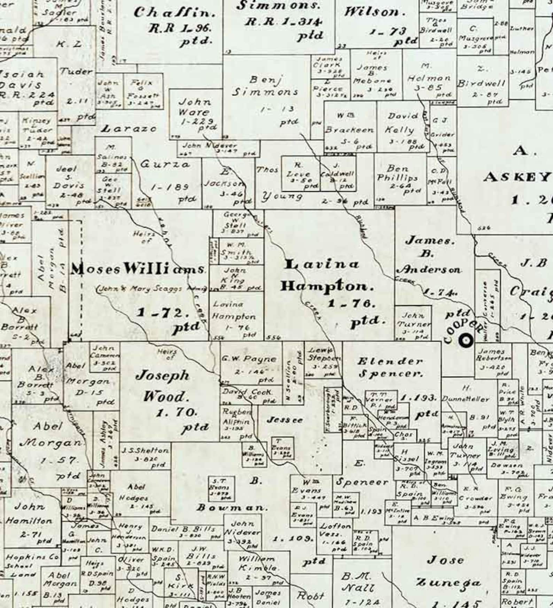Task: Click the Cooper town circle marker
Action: tap(466, 340)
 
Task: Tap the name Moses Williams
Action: tap(138, 269)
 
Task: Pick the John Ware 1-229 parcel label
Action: tap(195, 112)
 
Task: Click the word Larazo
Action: tap(129, 129)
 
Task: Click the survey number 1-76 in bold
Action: tap(351, 303)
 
